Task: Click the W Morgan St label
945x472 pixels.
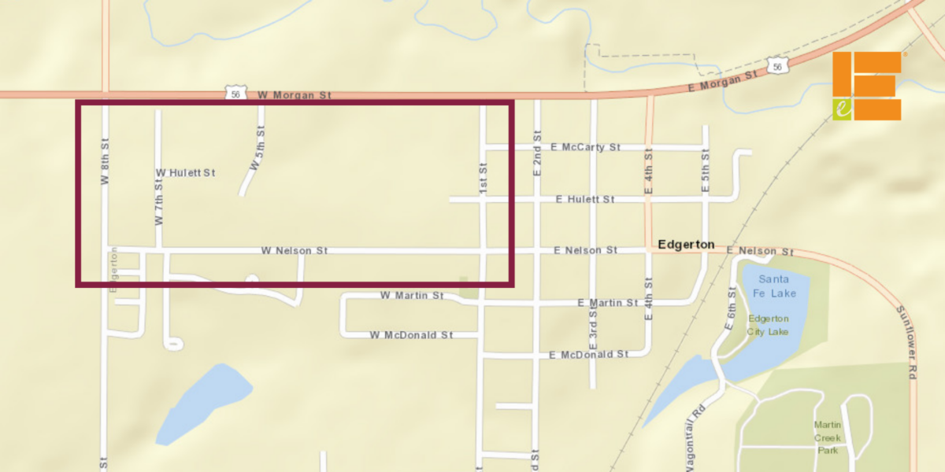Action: point(295,95)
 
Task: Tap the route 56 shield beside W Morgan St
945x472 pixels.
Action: point(235,94)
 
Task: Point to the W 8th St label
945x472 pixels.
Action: point(104,162)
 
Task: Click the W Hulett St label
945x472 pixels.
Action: point(185,172)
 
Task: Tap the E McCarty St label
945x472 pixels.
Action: point(586,147)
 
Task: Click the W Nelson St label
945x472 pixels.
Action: point(295,250)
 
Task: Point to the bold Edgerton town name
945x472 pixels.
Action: point(685,245)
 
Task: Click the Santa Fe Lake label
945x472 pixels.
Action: point(776,286)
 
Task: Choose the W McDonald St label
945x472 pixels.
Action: point(411,335)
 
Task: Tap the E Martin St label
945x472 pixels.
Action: point(608,303)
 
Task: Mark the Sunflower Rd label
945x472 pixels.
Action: point(908,342)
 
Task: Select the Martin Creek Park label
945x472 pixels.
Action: point(827,437)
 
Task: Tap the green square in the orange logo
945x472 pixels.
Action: point(842,109)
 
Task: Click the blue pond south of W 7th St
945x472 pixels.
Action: point(202,403)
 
